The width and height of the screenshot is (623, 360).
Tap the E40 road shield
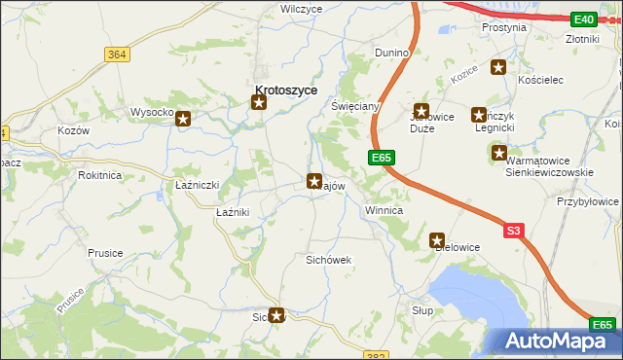point(584,19)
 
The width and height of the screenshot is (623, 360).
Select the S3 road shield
point(514,231)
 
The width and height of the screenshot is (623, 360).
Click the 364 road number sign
point(117,54)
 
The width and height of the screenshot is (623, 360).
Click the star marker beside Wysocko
point(182,118)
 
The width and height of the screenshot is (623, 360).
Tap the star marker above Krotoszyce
point(259,103)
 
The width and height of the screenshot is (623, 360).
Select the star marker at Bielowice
point(437,239)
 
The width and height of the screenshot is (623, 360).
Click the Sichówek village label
point(328,261)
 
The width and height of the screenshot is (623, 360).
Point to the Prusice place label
point(105,253)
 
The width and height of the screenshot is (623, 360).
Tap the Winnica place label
point(384,209)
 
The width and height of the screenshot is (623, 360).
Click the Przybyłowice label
point(588,200)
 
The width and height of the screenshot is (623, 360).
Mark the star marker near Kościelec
point(498,67)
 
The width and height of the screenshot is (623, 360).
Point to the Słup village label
point(421,309)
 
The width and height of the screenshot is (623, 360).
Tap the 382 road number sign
point(380,354)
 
